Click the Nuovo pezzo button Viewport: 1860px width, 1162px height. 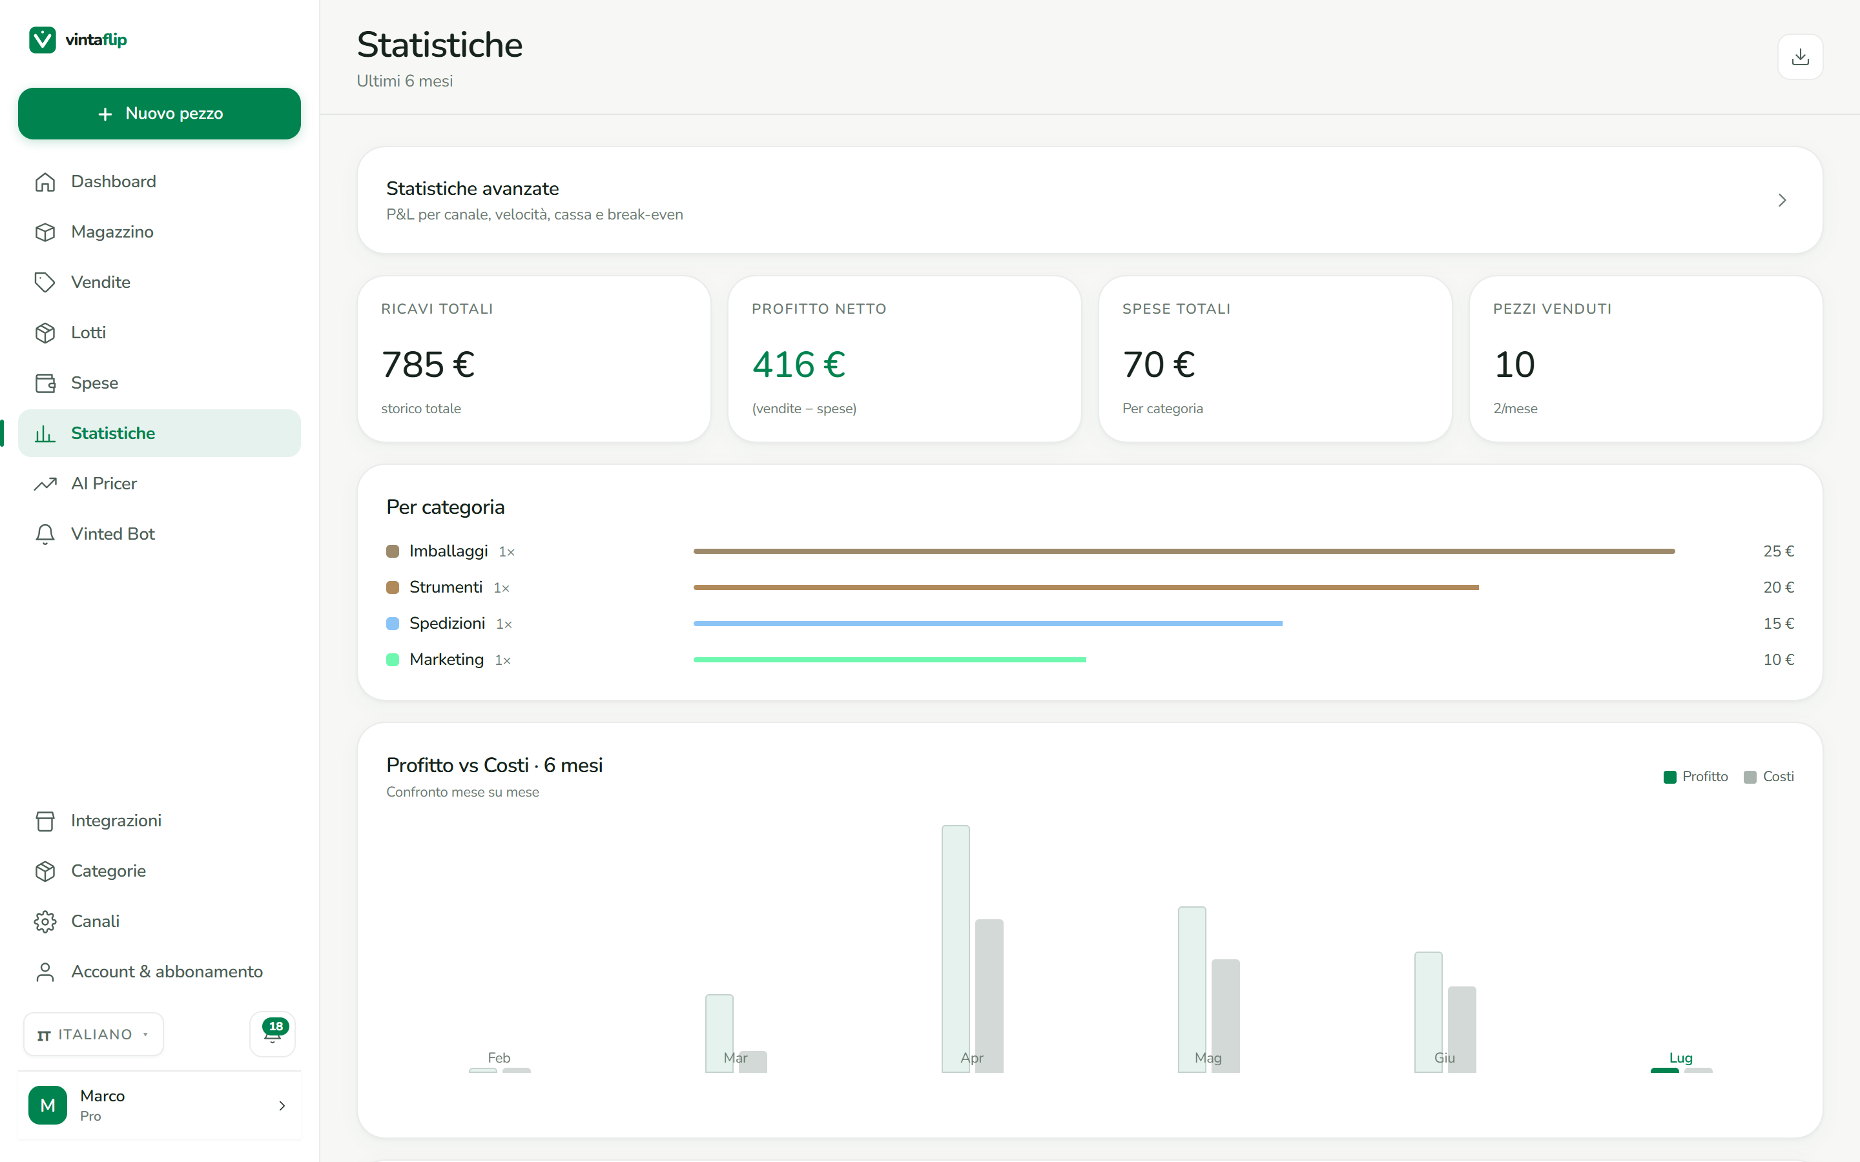pyautogui.click(x=159, y=114)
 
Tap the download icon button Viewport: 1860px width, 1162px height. pyautogui.click(x=1800, y=57)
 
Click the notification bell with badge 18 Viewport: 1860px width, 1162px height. pyautogui.click(x=273, y=1033)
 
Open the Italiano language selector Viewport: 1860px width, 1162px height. pyautogui.click(x=93, y=1034)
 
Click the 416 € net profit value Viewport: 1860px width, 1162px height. pyautogui.click(x=798, y=364)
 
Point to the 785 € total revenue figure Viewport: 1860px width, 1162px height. pyautogui.click(x=428, y=364)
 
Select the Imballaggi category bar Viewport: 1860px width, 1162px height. pyautogui.click(x=1184, y=551)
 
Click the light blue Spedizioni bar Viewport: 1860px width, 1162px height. pyautogui.click(x=987, y=623)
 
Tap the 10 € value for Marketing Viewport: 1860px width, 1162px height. pyautogui.click(x=1779, y=659)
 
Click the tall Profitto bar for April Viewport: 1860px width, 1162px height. pyautogui.click(x=955, y=948)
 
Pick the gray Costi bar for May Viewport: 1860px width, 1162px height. pyautogui.click(x=1225, y=1015)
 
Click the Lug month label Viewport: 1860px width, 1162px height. pyautogui.click(x=1681, y=1057)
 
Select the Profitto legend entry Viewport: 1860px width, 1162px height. pyautogui.click(x=1695, y=777)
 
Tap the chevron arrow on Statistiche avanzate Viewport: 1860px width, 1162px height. pyautogui.click(x=1782, y=201)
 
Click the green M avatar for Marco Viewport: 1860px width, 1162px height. pyautogui.click(x=48, y=1105)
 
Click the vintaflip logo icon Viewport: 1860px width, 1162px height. pyautogui.click(x=42, y=40)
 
